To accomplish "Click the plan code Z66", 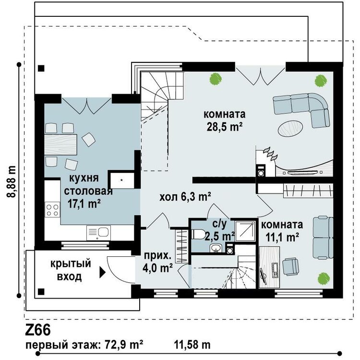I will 38,331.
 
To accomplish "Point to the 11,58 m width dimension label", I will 192,345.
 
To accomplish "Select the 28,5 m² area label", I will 224,126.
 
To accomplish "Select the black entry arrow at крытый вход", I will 102,274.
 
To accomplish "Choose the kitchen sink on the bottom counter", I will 98,233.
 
